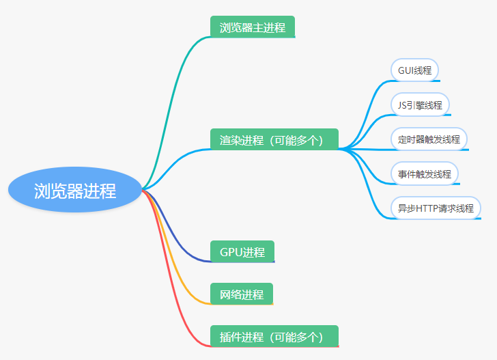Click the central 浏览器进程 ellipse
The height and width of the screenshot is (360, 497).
click(x=75, y=190)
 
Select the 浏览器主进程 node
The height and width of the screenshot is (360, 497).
click(x=253, y=27)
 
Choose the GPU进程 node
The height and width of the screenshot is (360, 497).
click(x=242, y=251)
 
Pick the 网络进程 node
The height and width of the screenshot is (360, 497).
click(x=242, y=294)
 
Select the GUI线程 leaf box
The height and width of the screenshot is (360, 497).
click(x=414, y=70)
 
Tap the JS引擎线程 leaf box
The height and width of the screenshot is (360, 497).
click(x=420, y=105)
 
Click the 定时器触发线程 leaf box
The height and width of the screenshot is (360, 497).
click(x=429, y=139)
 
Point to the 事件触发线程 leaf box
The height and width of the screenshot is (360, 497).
click(x=425, y=174)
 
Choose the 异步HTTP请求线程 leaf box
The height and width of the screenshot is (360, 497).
click(x=436, y=208)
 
